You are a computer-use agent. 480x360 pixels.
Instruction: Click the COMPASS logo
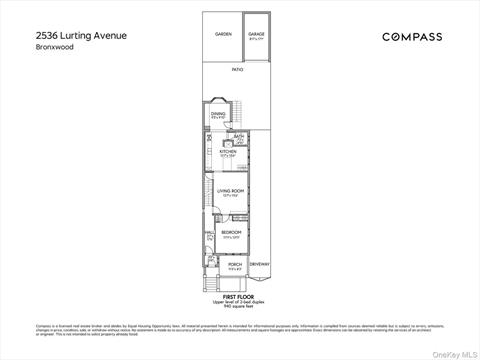(412, 37)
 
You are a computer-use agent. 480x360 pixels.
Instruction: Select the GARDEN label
(223, 35)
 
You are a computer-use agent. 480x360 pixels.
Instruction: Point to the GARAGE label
(257, 34)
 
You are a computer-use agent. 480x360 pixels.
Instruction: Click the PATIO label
(237, 70)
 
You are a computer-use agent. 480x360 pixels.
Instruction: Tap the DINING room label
(218, 114)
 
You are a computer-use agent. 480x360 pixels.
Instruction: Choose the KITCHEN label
(227, 151)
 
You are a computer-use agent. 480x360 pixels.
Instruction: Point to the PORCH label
(235, 264)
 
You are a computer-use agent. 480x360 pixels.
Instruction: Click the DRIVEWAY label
(260, 264)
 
